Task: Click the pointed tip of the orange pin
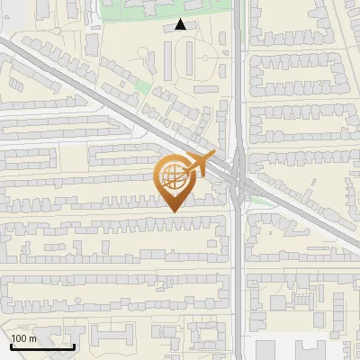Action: tap(173, 211)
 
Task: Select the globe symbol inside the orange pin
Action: tap(172, 177)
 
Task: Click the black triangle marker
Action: tap(182, 24)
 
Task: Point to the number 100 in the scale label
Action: tap(20, 338)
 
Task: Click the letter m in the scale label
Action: tap(33, 338)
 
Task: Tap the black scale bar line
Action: tap(42, 346)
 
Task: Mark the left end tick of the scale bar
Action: tap(10, 344)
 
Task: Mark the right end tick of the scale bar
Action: tap(75, 344)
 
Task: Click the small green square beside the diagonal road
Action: tap(142, 87)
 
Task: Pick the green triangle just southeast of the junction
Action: tap(259, 201)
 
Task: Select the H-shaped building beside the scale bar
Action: tap(109, 337)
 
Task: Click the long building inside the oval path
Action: tap(191, 59)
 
